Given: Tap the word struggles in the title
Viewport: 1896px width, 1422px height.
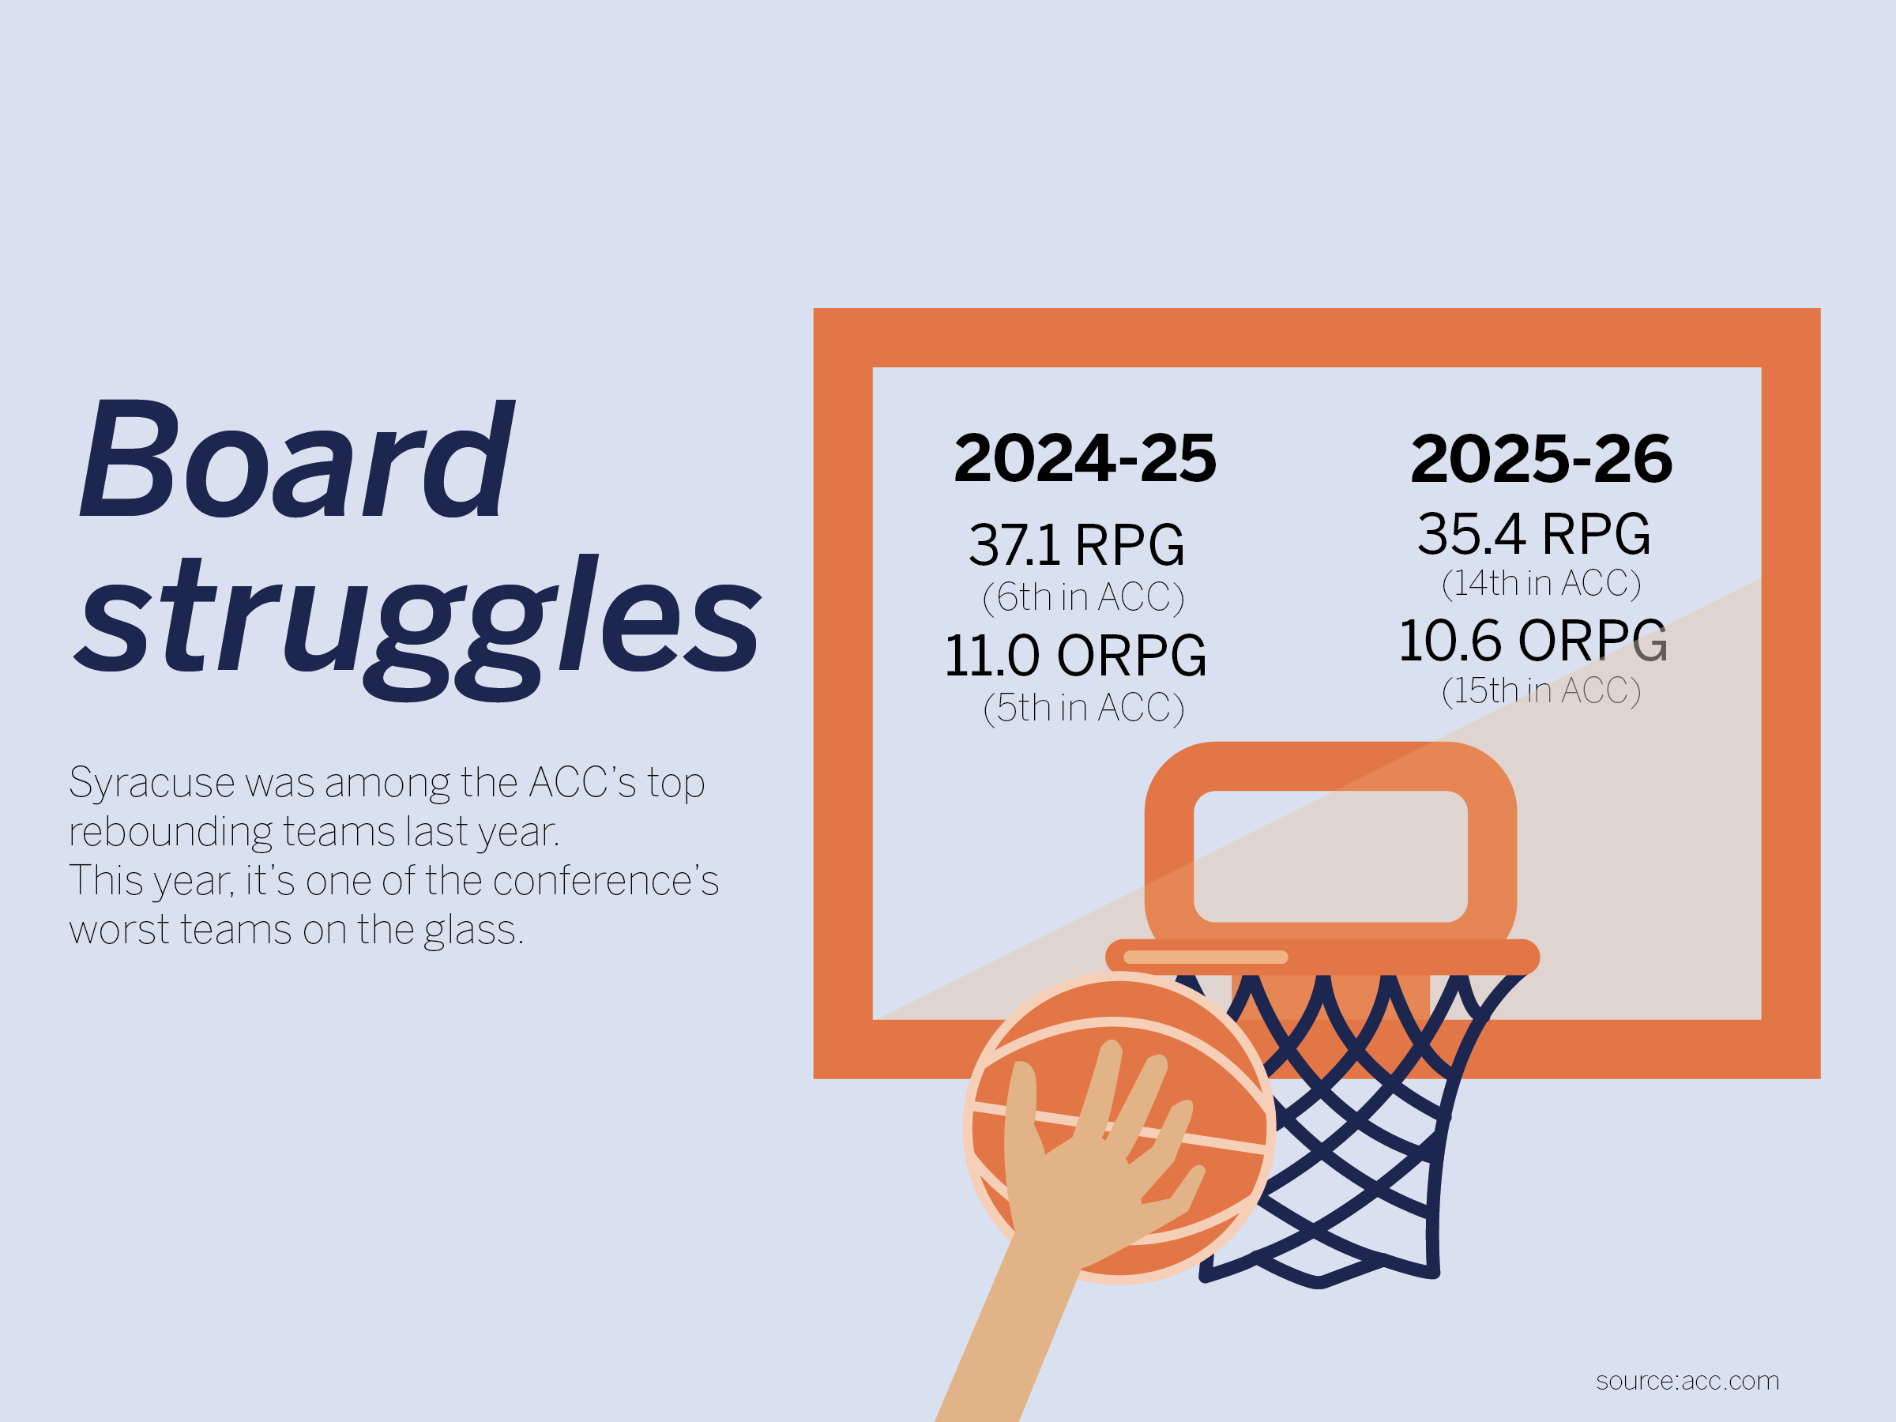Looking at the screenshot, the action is point(418,626).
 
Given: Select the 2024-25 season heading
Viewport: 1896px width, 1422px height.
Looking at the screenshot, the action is point(1085,458).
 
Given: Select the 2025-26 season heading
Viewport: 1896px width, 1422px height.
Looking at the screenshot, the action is point(1541,458).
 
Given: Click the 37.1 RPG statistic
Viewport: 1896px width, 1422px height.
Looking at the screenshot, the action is point(1077,545).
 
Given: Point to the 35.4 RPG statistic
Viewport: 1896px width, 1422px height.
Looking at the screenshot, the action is point(1533,534).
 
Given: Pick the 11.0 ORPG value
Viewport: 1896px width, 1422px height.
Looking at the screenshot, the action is point(1076,656).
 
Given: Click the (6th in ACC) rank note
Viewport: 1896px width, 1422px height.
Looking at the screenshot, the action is point(1083,597).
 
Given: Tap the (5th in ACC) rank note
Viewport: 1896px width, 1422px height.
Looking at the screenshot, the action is point(1083,708).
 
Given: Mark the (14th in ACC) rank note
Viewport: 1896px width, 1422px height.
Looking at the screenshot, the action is point(1541,584).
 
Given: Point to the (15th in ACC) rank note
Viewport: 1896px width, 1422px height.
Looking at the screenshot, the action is point(1541,691).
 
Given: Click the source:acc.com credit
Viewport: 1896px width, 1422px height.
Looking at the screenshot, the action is point(1687,1381).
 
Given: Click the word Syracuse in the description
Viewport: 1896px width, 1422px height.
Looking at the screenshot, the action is point(152,784).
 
